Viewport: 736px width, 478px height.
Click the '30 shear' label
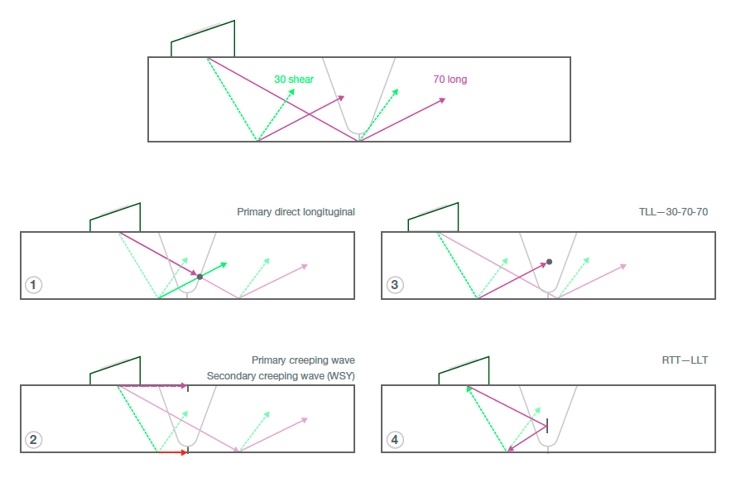293,80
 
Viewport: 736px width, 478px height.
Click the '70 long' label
450,80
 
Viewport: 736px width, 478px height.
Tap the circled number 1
33,285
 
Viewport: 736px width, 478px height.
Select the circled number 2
33,440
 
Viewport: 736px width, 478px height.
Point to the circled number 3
394,285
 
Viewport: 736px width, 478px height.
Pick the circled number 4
394,440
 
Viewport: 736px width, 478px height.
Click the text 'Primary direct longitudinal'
296,212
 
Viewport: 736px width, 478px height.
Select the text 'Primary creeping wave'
303,360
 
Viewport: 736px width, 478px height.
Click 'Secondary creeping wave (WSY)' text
281,376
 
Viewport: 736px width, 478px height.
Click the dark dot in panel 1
200,276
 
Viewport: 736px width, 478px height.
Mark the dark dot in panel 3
549,261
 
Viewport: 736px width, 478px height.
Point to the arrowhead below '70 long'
441,100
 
